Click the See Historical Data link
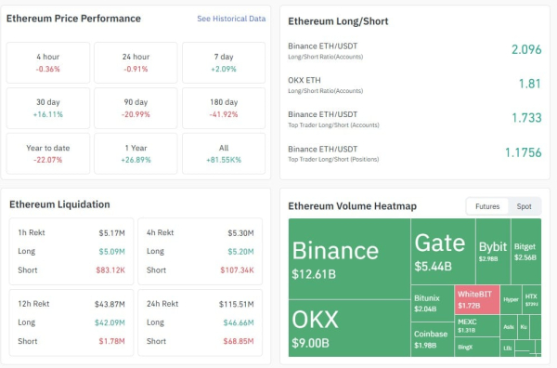[x=231, y=19]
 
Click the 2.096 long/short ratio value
[x=525, y=49]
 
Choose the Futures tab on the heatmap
[x=486, y=206]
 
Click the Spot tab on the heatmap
[x=524, y=206]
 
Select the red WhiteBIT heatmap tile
[x=476, y=299]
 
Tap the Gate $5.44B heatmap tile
[x=441, y=251]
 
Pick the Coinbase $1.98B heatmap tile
[x=431, y=339]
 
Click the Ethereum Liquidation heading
[x=59, y=204]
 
